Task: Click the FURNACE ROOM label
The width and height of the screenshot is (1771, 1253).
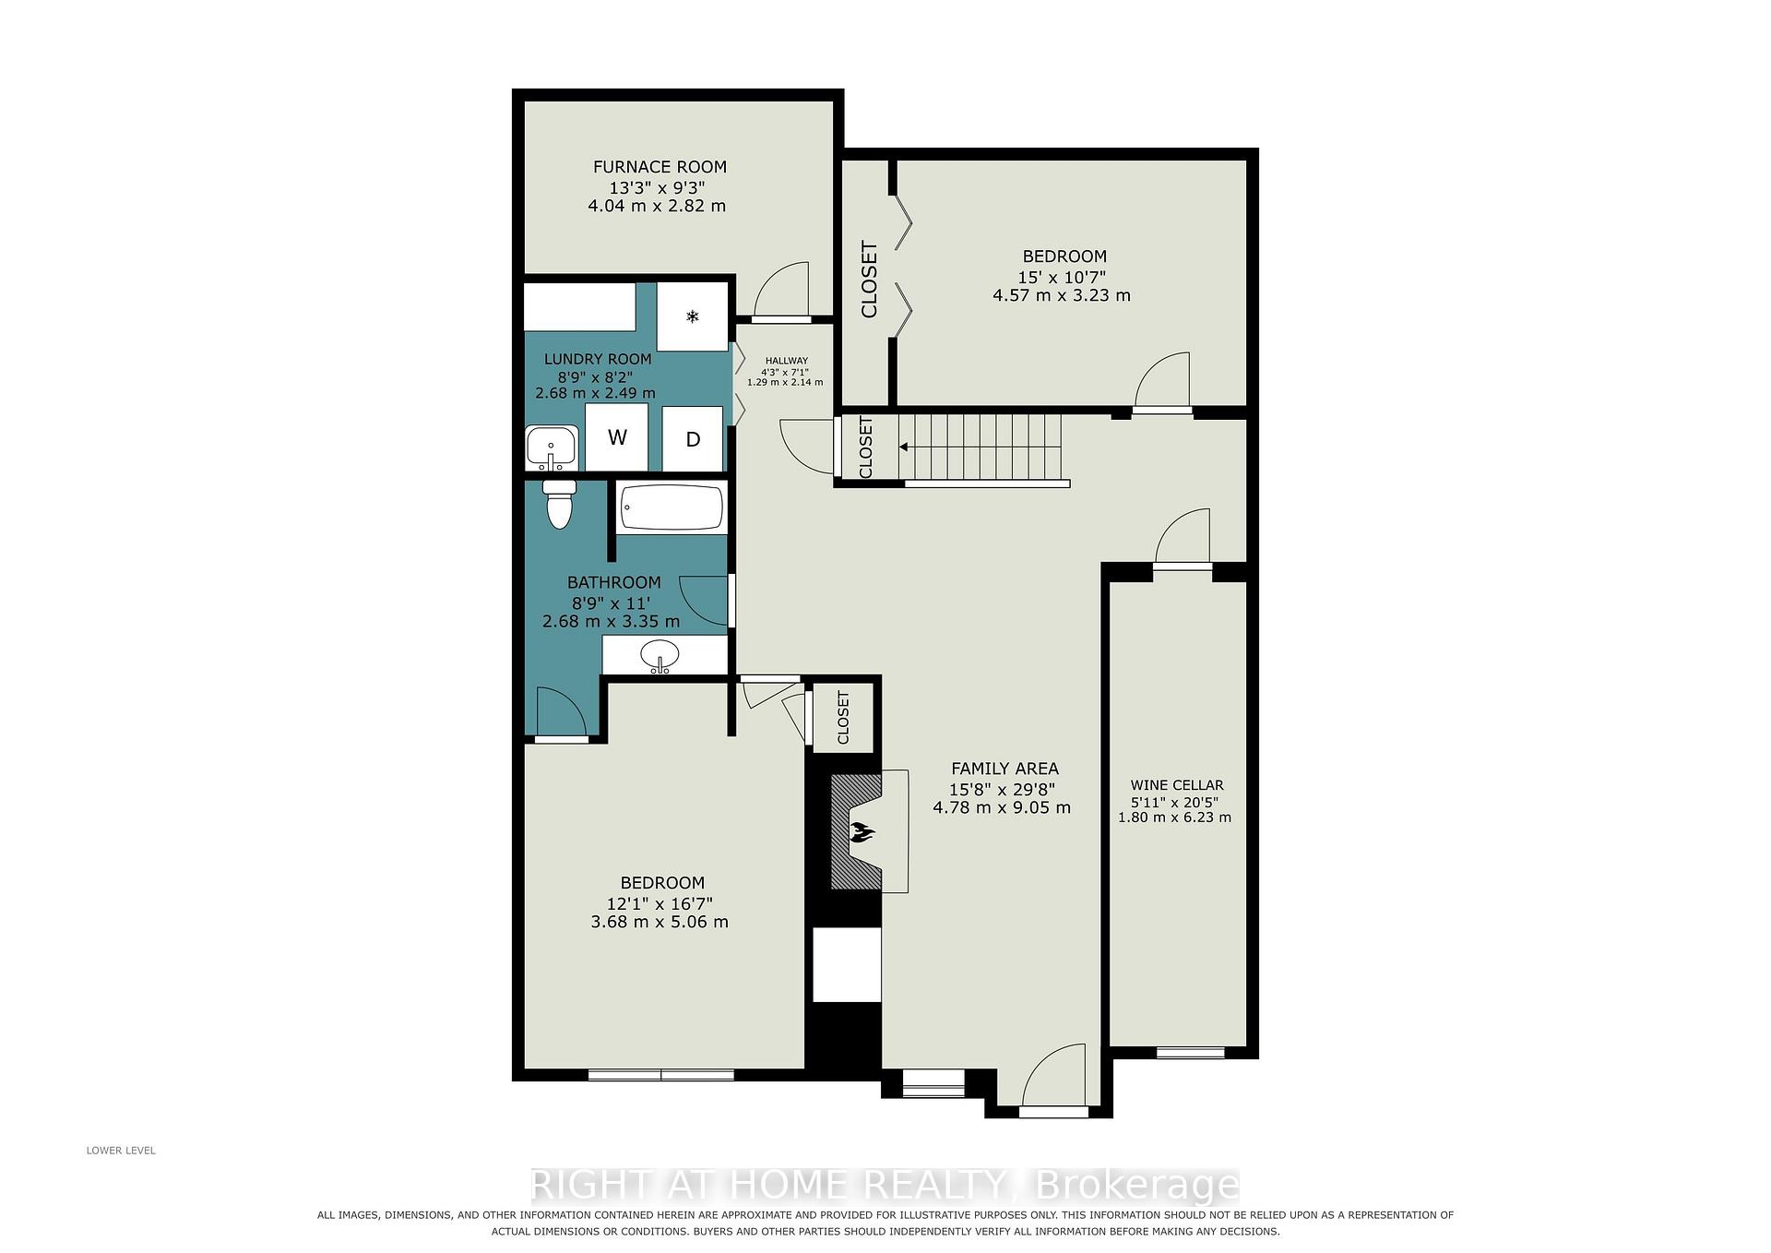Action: [660, 167]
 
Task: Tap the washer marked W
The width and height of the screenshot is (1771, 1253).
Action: [617, 437]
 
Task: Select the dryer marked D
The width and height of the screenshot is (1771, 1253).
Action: [693, 439]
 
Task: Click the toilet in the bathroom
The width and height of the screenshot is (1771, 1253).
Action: [559, 504]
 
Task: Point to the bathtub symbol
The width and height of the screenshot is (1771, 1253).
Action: [672, 507]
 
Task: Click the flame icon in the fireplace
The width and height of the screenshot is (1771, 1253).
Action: [862, 832]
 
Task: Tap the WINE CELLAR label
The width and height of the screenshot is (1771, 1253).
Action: [1177, 785]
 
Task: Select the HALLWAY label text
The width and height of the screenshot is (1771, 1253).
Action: [786, 361]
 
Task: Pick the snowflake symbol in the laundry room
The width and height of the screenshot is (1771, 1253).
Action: [692, 316]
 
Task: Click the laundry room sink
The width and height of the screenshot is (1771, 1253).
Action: [551, 448]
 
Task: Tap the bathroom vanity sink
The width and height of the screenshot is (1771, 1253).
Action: [660, 656]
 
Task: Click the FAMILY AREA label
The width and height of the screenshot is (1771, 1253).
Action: [1004, 769]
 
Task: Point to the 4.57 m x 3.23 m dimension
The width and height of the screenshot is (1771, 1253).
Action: [1062, 295]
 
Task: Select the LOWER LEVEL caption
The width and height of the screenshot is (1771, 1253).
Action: [121, 1151]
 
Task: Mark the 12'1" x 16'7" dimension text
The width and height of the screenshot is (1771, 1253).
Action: [660, 904]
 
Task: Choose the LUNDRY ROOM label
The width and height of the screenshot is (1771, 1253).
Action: [598, 359]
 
